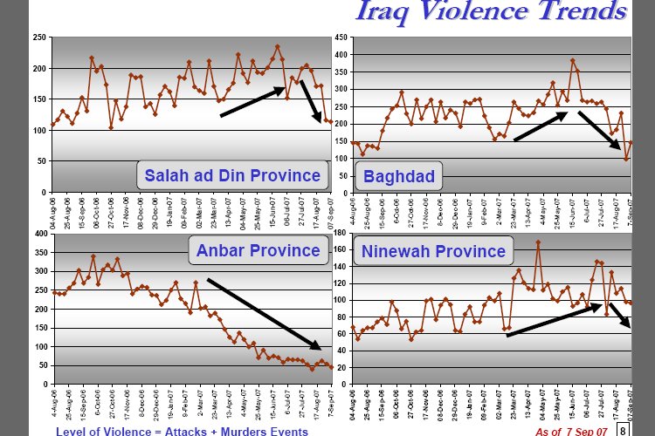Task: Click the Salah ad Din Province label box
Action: (x=231, y=175)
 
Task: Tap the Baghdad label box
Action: (x=398, y=178)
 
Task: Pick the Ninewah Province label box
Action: (x=433, y=252)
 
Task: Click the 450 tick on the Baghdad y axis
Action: (x=341, y=37)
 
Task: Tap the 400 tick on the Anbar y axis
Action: (x=39, y=234)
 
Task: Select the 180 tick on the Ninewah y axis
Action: (x=341, y=234)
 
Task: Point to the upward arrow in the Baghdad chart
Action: (x=541, y=126)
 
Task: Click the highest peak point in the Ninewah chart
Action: (x=538, y=242)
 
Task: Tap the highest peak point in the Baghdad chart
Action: (x=572, y=60)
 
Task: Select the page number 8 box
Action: (x=622, y=430)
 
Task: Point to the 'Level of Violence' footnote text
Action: (x=182, y=431)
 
